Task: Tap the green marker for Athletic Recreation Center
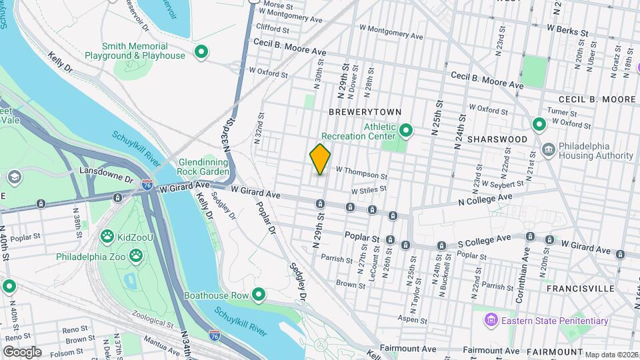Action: (405, 129)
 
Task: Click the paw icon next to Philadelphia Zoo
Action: (136, 256)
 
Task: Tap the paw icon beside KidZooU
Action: (107, 236)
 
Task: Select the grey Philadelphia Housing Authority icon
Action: (548, 148)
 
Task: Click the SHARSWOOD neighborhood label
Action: (497, 139)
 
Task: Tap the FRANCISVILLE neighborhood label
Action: (579, 289)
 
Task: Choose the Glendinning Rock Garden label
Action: (204, 167)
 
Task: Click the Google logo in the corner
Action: (22, 351)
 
